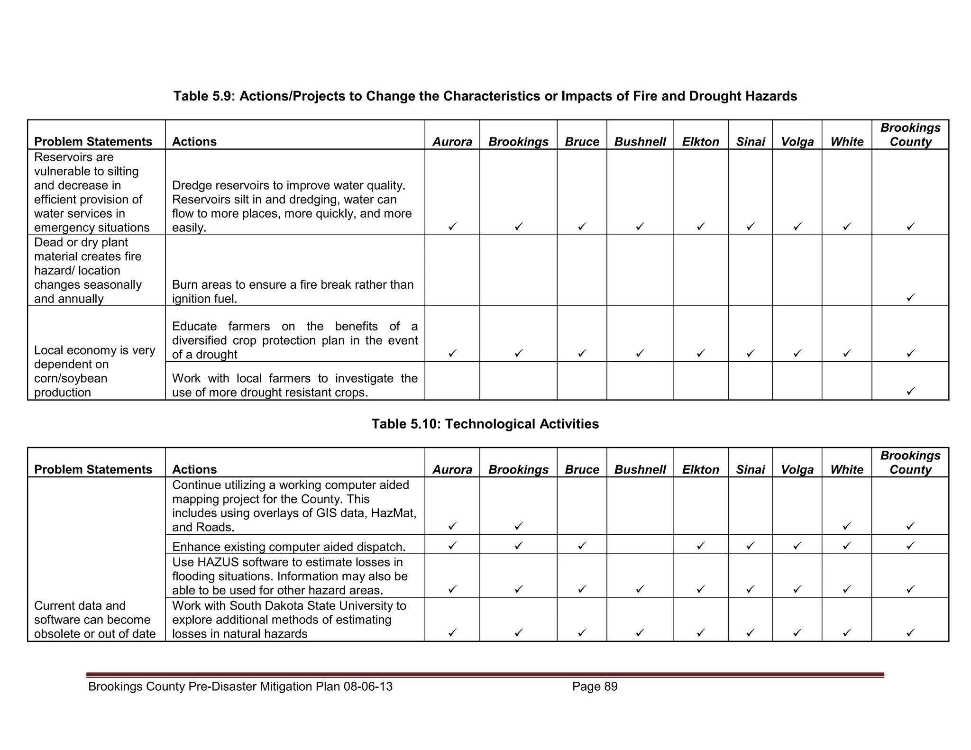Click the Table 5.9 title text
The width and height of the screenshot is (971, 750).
(485, 96)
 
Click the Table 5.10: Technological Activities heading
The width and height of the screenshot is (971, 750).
(485, 424)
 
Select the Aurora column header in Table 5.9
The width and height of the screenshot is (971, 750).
(452, 142)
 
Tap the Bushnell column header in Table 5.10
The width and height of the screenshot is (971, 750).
(640, 469)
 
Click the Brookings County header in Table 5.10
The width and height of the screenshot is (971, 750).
(910, 463)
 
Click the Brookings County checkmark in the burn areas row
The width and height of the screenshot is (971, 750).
(910, 298)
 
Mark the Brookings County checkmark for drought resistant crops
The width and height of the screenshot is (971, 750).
(910, 391)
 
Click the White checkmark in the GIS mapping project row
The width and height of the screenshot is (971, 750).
(847, 526)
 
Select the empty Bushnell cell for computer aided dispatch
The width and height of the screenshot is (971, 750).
(640, 545)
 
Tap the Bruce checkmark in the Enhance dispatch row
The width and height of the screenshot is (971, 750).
(582, 546)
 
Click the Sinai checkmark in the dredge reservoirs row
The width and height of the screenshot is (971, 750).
(750, 227)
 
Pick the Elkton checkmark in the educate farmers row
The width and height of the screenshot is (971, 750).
(700, 353)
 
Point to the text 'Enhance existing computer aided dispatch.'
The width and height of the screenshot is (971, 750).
(289, 547)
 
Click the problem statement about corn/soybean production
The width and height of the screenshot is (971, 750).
(94, 371)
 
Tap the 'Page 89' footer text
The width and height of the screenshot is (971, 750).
(595, 686)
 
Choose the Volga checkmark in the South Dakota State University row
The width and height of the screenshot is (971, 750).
(797, 632)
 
